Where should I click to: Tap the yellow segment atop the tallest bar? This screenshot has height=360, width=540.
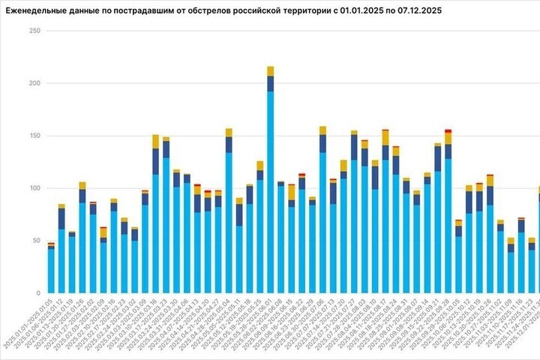click(270, 71)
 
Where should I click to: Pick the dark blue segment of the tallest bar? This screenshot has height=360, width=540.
click(270, 83)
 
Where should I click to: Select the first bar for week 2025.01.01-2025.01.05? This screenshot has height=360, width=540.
click(51, 270)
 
